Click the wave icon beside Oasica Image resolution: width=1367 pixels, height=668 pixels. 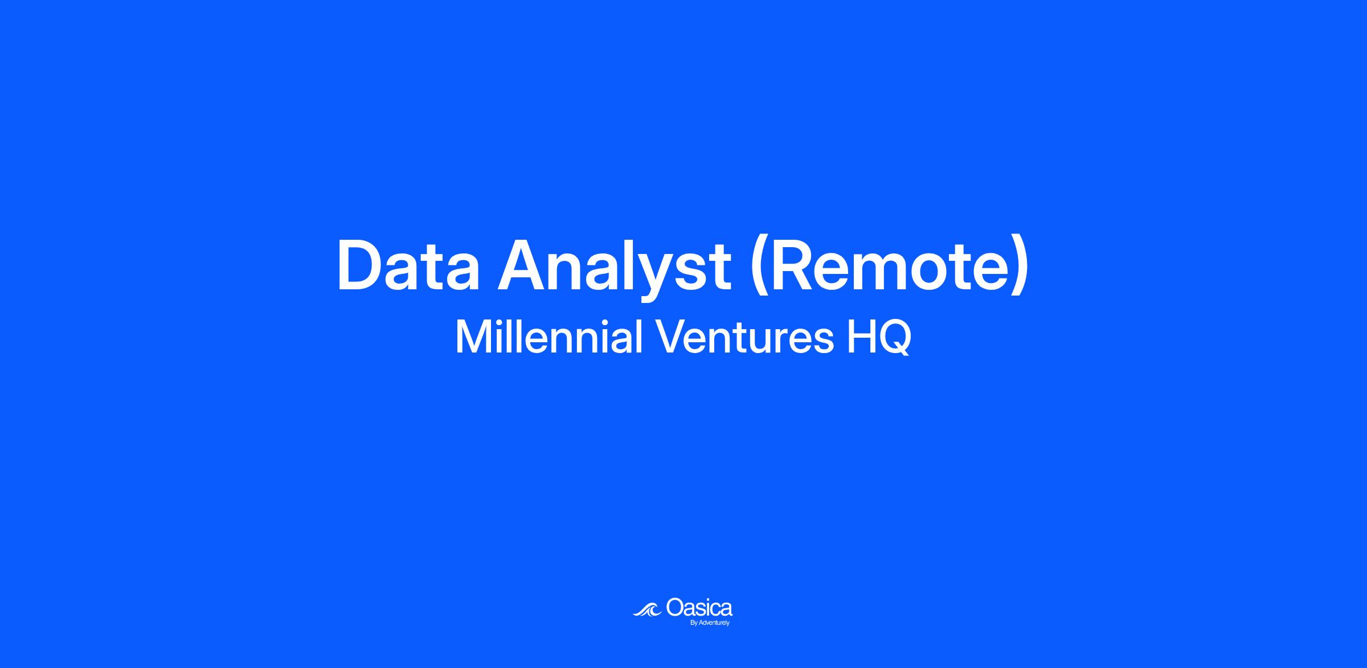click(x=647, y=610)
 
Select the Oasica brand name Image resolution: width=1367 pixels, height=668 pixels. click(x=699, y=608)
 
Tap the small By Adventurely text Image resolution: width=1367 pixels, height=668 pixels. click(x=710, y=623)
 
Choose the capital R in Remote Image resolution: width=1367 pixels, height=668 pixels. click(x=795, y=265)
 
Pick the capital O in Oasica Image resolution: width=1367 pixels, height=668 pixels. click(x=675, y=608)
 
